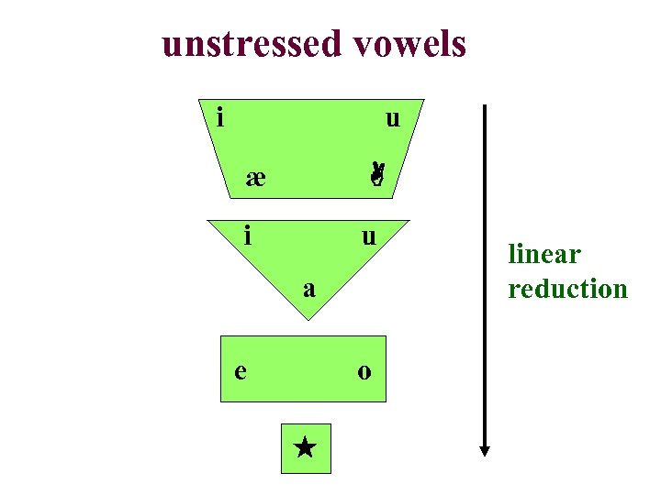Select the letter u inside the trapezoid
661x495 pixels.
click(393, 118)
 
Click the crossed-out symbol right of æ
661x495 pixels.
click(376, 173)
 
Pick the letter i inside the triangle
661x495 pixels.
click(248, 236)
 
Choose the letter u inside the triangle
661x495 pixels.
click(368, 236)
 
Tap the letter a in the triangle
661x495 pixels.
click(310, 290)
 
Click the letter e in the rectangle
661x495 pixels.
click(240, 371)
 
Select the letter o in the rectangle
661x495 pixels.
click(364, 371)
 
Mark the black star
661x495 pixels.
click(306, 448)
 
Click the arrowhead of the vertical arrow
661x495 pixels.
click(485, 450)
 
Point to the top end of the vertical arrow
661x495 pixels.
click(485, 106)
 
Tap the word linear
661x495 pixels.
click(544, 254)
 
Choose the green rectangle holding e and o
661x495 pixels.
click(303, 390)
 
